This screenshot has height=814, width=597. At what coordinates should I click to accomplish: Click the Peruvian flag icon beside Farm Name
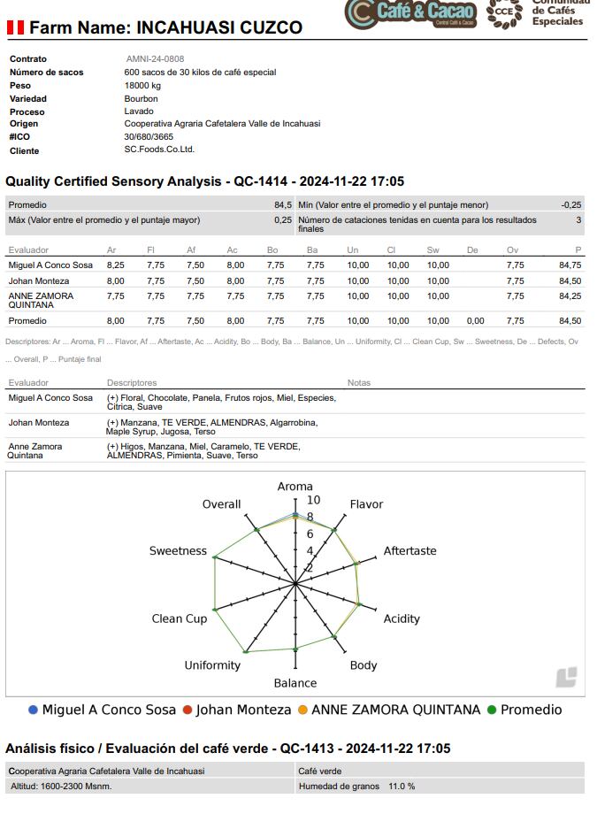15,27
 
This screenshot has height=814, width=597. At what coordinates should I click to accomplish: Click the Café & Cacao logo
411,13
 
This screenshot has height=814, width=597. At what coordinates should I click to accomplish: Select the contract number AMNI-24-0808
155,59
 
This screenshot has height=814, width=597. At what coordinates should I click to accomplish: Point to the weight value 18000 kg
142,86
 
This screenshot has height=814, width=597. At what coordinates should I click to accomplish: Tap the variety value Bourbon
142,99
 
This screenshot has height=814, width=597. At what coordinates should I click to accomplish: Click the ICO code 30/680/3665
149,137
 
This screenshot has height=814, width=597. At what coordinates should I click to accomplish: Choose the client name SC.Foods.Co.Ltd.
159,150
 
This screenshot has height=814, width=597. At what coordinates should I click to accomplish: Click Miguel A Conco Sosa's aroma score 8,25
115,265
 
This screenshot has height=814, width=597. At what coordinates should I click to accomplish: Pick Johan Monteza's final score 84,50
570,281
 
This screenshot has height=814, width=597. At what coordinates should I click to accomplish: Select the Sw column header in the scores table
432,250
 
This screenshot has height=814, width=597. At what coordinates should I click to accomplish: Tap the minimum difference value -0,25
571,205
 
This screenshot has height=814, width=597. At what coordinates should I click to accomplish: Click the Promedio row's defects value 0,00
475,321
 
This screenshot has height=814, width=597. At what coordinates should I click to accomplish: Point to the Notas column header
359,383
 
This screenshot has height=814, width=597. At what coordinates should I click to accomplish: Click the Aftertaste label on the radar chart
409,551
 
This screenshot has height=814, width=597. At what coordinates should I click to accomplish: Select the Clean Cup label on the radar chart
179,618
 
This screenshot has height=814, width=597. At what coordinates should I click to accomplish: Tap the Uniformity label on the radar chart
212,665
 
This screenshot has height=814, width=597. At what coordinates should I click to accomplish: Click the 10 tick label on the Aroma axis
313,501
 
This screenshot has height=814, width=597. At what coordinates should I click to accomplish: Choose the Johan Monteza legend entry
236,710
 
